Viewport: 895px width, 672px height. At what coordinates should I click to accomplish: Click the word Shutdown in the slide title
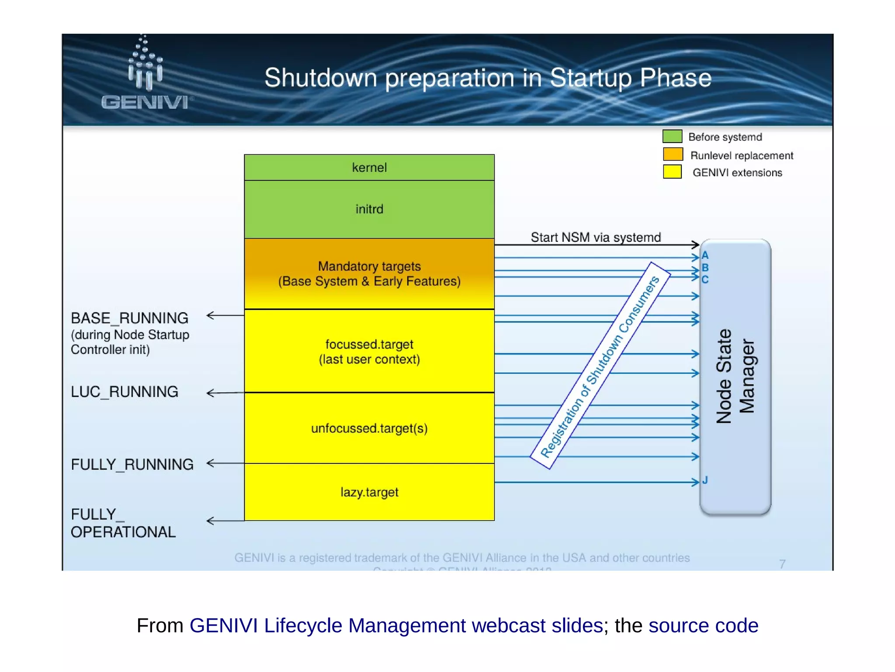pos(320,78)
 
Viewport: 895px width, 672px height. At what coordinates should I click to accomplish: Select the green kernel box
pos(369,167)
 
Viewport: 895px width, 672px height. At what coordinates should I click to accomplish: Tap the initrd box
pos(369,209)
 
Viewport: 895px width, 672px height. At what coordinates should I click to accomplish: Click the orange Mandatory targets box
pos(369,274)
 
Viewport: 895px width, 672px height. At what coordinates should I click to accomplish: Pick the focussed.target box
pos(369,351)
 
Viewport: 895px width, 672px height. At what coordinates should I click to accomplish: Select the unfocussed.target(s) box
pos(369,428)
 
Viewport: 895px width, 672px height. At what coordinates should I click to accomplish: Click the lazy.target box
pos(369,492)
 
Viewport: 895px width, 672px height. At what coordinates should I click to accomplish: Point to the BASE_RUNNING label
pos(130,318)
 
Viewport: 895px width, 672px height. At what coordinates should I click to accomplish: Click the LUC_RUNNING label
pos(125,392)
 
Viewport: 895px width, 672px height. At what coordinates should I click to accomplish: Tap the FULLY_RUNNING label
pos(132,464)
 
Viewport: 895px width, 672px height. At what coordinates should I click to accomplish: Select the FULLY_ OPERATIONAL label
pos(123,523)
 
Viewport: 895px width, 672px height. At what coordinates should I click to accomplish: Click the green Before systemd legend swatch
pos(672,136)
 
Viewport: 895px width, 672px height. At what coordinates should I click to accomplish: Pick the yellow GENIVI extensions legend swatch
pos(672,172)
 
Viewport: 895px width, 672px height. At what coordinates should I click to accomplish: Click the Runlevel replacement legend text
pos(742,156)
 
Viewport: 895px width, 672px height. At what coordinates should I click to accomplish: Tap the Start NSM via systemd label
pos(596,237)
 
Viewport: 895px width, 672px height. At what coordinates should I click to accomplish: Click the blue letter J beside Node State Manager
pos(705,480)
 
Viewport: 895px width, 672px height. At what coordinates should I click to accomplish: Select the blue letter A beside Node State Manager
pos(705,255)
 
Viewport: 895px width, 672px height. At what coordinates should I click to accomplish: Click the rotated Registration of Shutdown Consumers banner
pos(600,366)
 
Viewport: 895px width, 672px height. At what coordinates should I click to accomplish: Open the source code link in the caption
pos(703,625)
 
